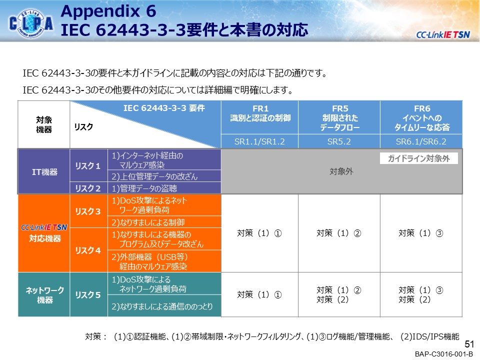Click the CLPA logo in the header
tap(31, 23)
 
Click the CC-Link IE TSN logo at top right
tap(443, 34)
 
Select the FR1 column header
tap(259, 117)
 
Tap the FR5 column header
tap(339, 117)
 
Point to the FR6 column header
tap(421, 117)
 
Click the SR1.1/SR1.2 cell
tap(259, 141)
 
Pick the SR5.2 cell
tap(339, 141)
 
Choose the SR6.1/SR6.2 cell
tap(421, 141)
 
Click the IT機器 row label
tap(44, 171)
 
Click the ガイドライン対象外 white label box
tap(419, 158)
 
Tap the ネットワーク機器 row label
tap(44, 295)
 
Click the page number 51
tap(469, 344)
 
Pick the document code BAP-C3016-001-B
tap(444, 354)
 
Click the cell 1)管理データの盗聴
tap(164, 188)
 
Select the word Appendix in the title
tap(100, 11)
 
